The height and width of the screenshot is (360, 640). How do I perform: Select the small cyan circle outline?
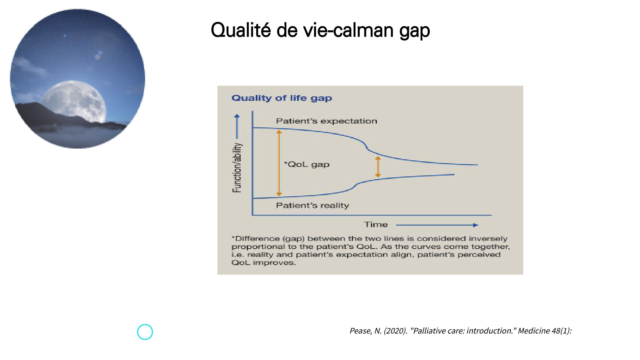(145, 332)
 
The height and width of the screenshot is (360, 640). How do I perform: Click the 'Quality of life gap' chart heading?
(282, 98)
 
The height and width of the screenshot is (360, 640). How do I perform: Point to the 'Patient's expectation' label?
(327, 121)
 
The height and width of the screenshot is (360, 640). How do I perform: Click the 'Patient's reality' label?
(313, 205)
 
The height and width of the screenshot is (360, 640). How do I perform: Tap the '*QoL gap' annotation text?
(307, 164)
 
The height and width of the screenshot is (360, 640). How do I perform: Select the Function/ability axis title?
(237, 168)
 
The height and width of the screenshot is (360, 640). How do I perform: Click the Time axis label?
(376, 224)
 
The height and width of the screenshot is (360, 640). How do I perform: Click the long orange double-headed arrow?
(279, 163)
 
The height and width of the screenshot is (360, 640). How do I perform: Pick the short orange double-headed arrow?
(378, 167)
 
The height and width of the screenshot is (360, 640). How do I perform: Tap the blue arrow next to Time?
(437, 225)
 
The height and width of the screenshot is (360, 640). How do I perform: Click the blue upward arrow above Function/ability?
(237, 126)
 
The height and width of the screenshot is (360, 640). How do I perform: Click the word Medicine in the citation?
(534, 331)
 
